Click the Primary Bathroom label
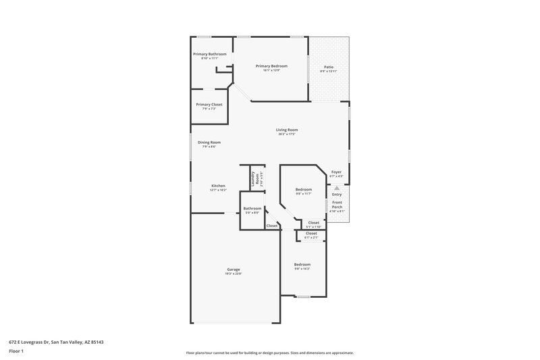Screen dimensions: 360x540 pyautogui.click(x=209, y=54)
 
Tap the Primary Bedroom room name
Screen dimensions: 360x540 pyautogui.click(x=271, y=66)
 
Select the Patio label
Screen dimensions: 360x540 pyautogui.click(x=328, y=68)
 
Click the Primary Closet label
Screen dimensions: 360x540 pyautogui.click(x=209, y=105)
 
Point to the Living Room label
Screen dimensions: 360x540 pyautogui.click(x=287, y=130)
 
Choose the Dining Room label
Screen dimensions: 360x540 pyautogui.click(x=209, y=143)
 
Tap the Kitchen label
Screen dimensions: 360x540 pyautogui.click(x=218, y=186)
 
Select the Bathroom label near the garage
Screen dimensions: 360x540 pyautogui.click(x=252, y=209)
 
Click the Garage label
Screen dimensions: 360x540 pyautogui.click(x=234, y=269)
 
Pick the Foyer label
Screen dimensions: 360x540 pyautogui.click(x=336, y=172)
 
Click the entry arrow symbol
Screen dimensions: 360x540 pyautogui.click(x=337, y=187)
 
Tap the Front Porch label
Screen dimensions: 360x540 pyautogui.click(x=337, y=205)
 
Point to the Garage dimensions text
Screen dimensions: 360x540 pyautogui.click(x=234, y=274)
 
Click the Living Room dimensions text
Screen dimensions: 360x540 pyautogui.click(x=287, y=134)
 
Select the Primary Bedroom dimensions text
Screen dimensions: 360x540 pyautogui.click(x=271, y=70)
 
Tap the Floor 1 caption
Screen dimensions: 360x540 pyautogui.click(x=17, y=352)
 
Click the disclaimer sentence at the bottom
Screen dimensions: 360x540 pyautogui.click(x=269, y=353)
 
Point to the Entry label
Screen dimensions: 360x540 pyautogui.click(x=337, y=195)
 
